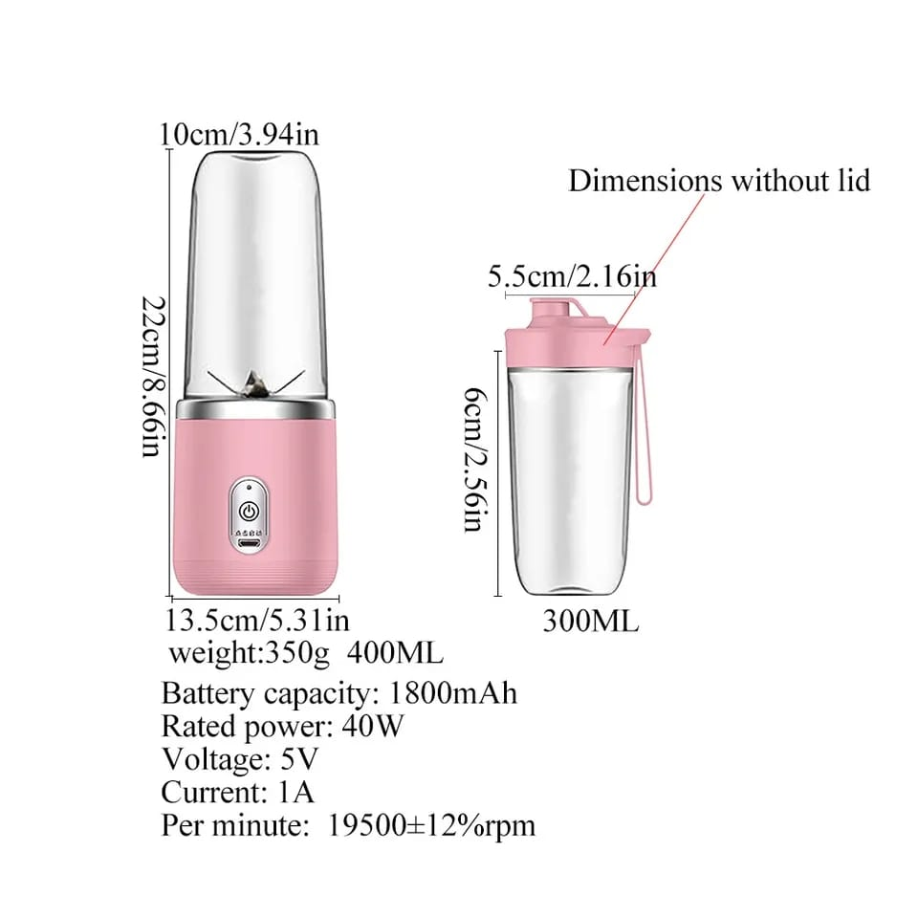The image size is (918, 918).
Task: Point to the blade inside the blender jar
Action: [256, 383]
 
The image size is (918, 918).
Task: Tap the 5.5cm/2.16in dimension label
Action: [572, 277]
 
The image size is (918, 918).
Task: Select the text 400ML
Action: [395, 654]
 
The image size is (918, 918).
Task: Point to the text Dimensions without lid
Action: [719, 180]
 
